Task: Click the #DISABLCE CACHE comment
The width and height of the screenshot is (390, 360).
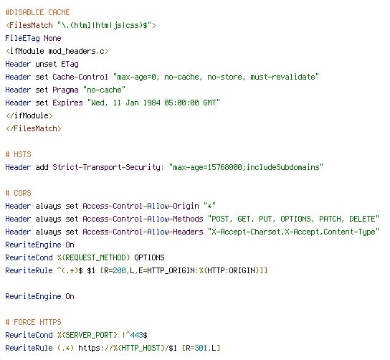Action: pyautogui.click(x=37, y=12)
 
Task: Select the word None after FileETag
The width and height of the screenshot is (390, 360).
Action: pyautogui.click(x=52, y=38)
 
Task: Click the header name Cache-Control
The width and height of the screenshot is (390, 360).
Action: pyautogui.click(x=80, y=77)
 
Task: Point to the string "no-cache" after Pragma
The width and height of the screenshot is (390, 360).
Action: pyautogui.click(x=104, y=90)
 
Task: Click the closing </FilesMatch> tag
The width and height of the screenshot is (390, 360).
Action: pyautogui.click(x=33, y=128)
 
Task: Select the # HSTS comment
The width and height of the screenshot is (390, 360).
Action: pyautogui.click(x=19, y=154)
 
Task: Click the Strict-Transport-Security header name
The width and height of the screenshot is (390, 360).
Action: pyautogui.click(x=107, y=167)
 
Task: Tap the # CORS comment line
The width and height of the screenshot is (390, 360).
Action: pyautogui.click(x=19, y=194)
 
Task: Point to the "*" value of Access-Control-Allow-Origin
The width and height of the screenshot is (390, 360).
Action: pyautogui.click(x=209, y=206)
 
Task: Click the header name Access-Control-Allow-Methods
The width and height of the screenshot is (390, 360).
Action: pyautogui.click(x=143, y=219)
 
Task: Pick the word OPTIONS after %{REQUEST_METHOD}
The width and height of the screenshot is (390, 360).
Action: pyautogui.click(x=149, y=257)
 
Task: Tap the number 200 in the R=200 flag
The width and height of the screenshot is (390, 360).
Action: pyautogui.click(x=119, y=270)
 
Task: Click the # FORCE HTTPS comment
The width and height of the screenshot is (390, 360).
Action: pyautogui.click(x=33, y=323)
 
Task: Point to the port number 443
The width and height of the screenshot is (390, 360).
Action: pyautogui.click(x=136, y=336)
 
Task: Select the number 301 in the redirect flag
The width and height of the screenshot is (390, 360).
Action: pyautogui.click(x=201, y=349)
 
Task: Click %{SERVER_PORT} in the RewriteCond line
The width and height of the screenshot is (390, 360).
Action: pyautogui.click(x=87, y=336)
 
